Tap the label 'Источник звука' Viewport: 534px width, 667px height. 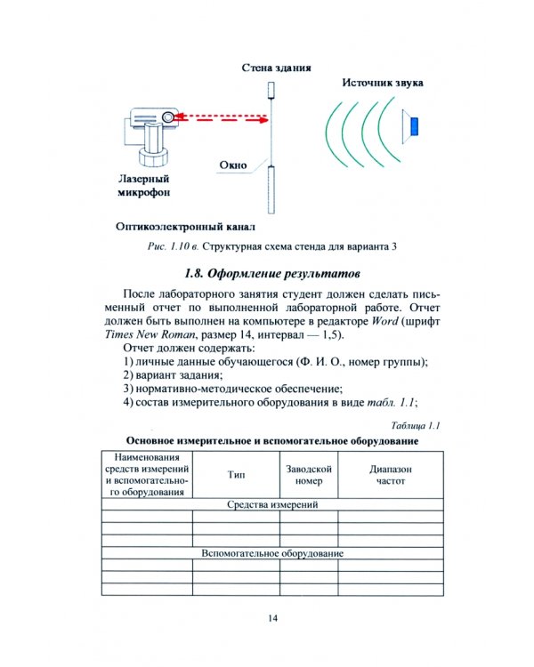tap(383, 83)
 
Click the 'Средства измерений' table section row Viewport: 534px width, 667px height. tap(272, 504)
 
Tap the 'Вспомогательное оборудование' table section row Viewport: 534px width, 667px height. tap(272, 553)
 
